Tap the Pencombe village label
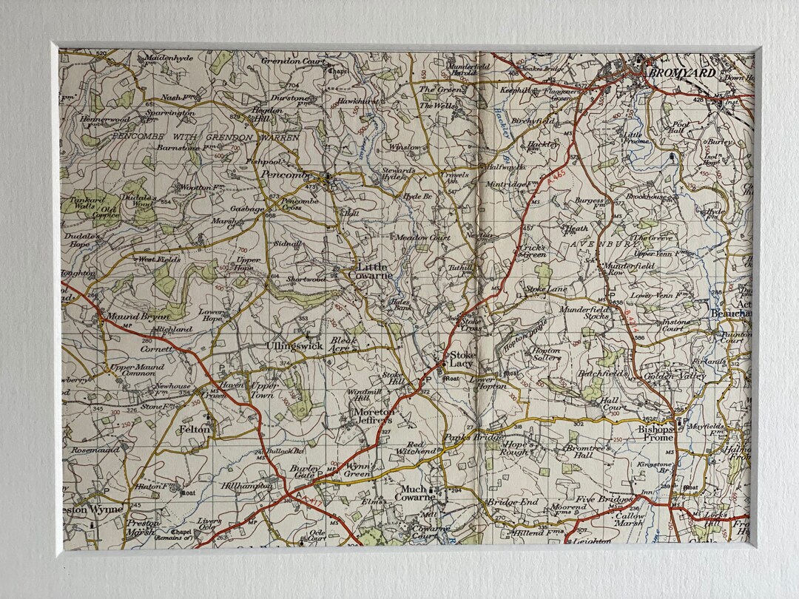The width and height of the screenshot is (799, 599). coord(284,175)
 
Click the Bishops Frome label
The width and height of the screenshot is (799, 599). coord(655,433)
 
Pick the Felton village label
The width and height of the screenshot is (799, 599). coord(195,429)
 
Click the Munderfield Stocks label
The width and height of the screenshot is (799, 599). coord(585,313)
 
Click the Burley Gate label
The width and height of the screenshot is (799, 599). coord(305,473)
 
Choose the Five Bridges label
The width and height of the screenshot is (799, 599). coord(604,499)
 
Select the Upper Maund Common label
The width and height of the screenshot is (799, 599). coord(132,370)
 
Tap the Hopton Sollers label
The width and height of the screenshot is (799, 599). coord(546,354)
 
